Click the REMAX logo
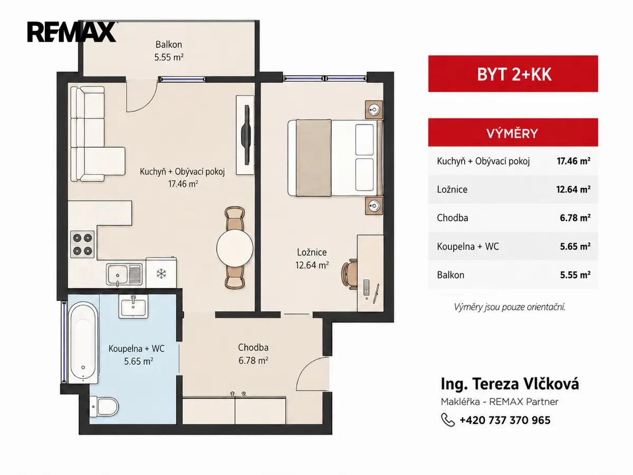tap(72, 32)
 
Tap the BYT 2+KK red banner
tap(513, 74)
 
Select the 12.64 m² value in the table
tap(573, 189)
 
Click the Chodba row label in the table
tap(452, 218)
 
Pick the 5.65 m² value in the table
tap(575, 246)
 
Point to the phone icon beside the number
tap(448, 420)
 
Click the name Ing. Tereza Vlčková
tap(510, 384)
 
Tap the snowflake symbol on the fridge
tap(161, 273)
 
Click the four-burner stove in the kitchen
tap(82, 244)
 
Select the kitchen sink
tap(124, 274)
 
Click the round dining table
tap(235, 248)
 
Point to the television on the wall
tap(246, 135)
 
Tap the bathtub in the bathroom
tap(83, 343)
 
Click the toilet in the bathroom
tap(104, 406)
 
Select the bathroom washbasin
tap(133, 306)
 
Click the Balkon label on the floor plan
tap(169, 45)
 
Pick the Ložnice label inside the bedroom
tap(312, 252)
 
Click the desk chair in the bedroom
tap(349, 274)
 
